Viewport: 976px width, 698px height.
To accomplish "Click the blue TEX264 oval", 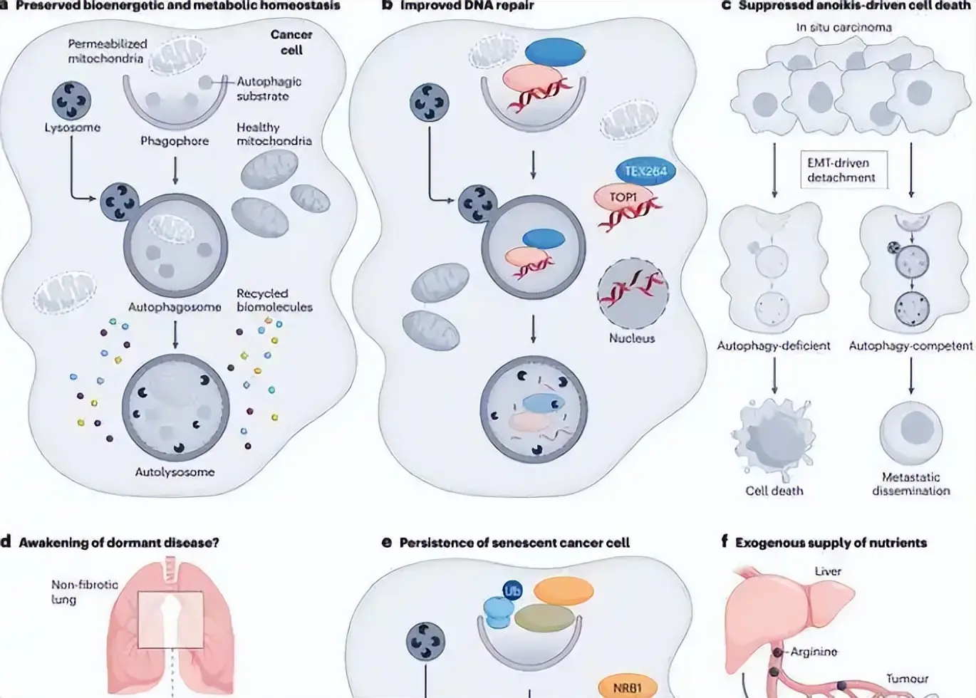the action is click(x=645, y=171).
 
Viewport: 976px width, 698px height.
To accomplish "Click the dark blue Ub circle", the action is click(x=512, y=591).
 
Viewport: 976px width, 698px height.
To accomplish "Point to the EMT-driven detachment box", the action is click(x=844, y=170).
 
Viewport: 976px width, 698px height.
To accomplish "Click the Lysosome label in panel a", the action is click(x=73, y=127).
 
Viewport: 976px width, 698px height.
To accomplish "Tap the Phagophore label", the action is click(x=175, y=141).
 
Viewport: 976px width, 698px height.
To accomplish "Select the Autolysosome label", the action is click(x=175, y=472).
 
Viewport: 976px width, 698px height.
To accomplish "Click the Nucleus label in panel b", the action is click(x=632, y=338).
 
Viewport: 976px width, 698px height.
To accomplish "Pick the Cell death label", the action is click(x=774, y=491).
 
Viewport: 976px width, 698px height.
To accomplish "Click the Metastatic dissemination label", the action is click(x=910, y=484).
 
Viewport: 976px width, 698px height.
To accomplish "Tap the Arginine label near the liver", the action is click(x=814, y=652).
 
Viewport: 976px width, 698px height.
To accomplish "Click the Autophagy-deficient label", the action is click(x=774, y=345).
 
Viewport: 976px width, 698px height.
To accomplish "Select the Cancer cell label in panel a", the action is click(x=291, y=42).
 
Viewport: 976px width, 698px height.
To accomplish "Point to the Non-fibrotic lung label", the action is click(x=85, y=592).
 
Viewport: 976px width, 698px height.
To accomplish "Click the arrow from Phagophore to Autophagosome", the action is click(x=175, y=170).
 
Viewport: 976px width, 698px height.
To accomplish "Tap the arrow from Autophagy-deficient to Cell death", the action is click(x=774, y=375).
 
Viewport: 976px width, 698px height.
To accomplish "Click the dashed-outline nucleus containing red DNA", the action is click(x=633, y=293).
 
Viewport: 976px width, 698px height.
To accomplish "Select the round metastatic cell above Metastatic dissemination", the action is click(x=911, y=432).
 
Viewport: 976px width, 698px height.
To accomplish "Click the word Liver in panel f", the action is click(x=828, y=571).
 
